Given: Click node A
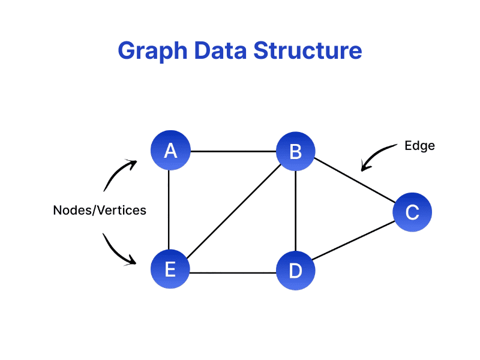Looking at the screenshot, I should [x=170, y=151].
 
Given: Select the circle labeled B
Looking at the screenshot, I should [x=295, y=151].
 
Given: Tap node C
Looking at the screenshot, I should [x=412, y=212].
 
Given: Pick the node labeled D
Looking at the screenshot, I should [x=295, y=271].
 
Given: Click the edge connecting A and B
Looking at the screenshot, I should [x=233, y=151].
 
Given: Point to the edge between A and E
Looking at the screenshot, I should [x=170, y=210].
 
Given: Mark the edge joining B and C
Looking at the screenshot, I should [x=354, y=182].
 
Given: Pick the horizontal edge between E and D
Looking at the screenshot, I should [x=233, y=273].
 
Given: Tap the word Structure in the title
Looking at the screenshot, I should [x=308, y=51].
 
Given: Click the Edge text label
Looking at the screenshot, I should [x=419, y=146].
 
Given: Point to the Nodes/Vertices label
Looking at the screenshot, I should [x=100, y=211].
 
